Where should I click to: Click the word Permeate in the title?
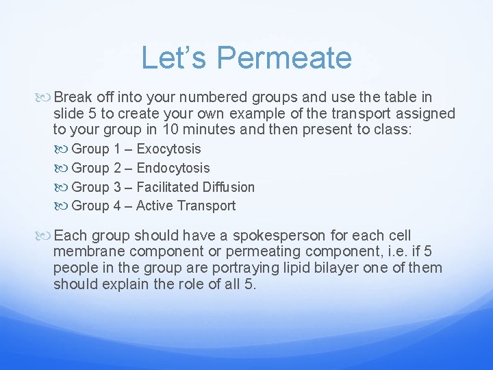[x=292, y=58]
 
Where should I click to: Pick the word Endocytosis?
[x=173, y=168]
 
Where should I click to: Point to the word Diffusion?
[x=227, y=187]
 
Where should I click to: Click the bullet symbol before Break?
[x=45, y=97]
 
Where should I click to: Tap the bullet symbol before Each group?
[x=45, y=235]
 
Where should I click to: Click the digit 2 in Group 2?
[x=117, y=168]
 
